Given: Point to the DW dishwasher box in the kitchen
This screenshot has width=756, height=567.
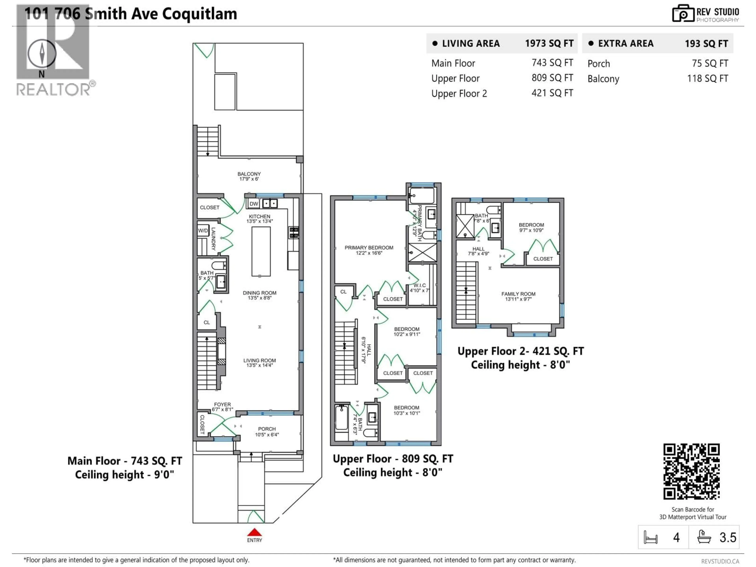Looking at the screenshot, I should tap(254, 204).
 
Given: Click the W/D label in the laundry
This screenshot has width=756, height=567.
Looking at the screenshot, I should tap(203, 231).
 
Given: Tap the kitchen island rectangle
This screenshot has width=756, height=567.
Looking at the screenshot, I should tap(261, 251).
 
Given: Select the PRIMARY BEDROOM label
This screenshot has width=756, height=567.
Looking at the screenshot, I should tap(369, 248).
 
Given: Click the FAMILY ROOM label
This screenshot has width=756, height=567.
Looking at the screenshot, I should tap(518, 294).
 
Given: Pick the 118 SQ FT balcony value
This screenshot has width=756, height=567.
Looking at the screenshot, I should tap(707, 79).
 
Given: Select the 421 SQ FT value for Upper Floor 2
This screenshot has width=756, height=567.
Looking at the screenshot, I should tap(552, 93).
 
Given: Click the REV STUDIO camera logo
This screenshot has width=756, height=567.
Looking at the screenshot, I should tap(683, 14).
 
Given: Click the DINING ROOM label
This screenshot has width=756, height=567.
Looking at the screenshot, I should tap(259, 293).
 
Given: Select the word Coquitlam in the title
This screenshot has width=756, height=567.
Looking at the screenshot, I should tap(199, 14).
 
